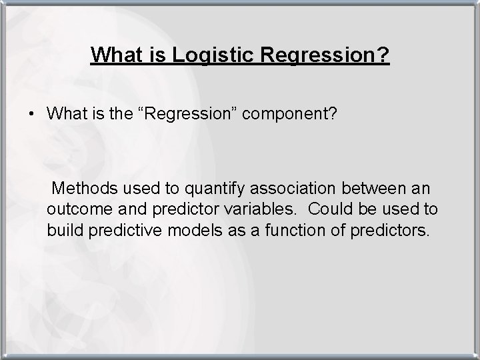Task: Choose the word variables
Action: (259, 209)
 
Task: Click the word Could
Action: (331, 209)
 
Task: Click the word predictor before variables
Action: (185, 209)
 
